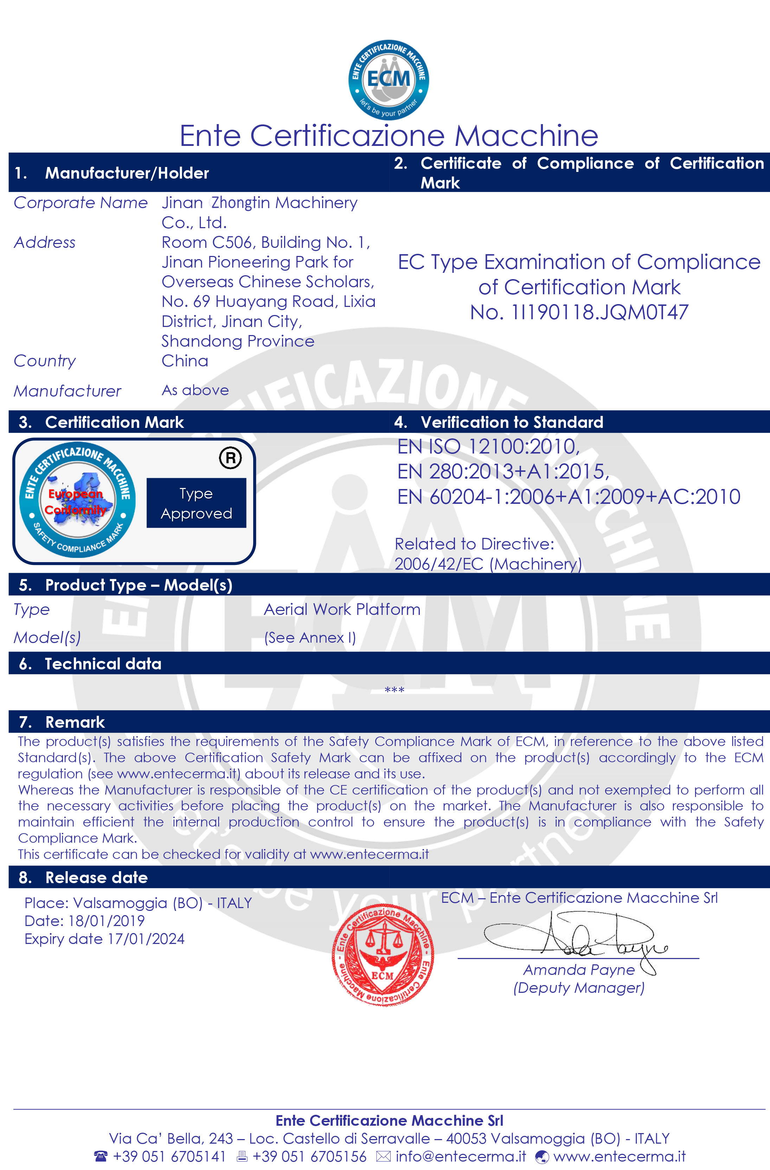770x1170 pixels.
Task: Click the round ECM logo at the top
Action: click(389, 80)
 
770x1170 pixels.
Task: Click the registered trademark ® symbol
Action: click(230, 458)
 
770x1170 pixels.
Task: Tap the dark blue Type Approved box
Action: click(196, 503)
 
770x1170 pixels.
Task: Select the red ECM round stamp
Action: click(383, 955)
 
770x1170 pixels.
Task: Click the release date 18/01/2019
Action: click(106, 921)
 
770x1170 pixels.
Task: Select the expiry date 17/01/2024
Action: click(146, 939)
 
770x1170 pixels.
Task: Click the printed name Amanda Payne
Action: click(579, 970)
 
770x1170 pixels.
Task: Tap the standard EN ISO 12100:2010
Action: click(488, 446)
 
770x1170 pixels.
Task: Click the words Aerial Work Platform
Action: click(342, 610)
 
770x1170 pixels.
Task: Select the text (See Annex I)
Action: click(310, 638)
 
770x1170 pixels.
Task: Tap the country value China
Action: click(185, 361)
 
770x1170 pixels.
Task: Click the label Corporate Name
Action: click(81, 202)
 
